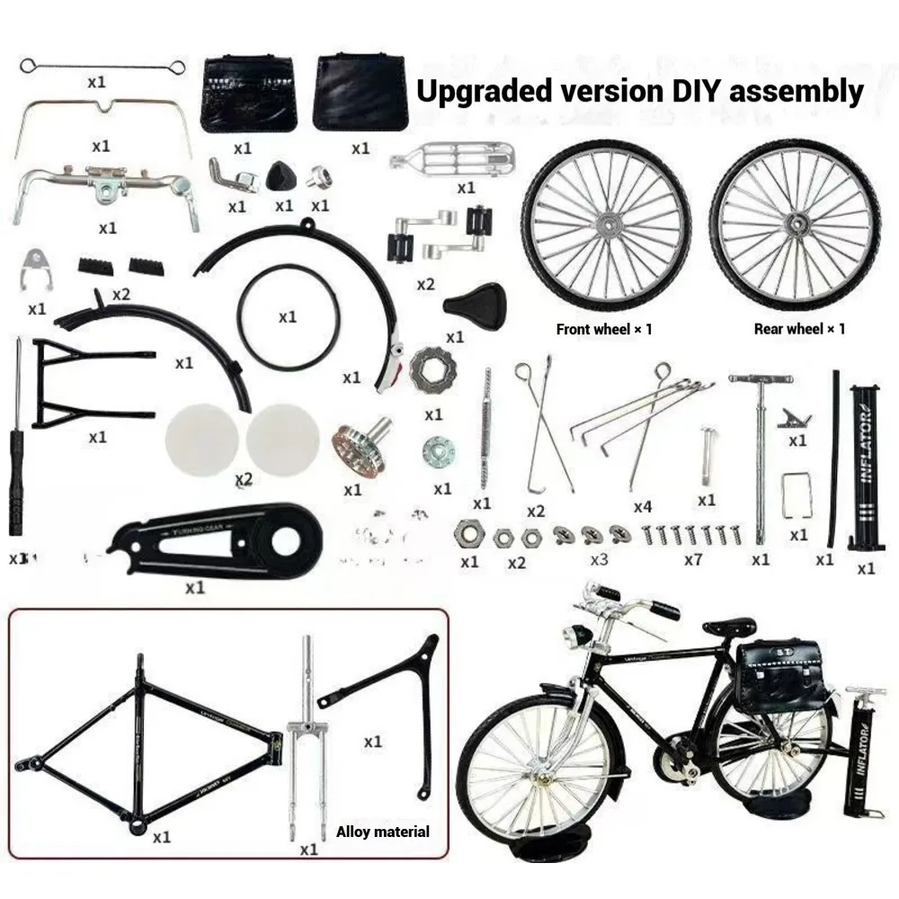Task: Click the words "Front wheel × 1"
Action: coord(604,329)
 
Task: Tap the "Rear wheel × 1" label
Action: coord(799,329)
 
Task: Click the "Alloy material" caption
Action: coord(382,832)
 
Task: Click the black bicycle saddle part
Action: coord(474,299)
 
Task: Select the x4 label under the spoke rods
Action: coord(642,507)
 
